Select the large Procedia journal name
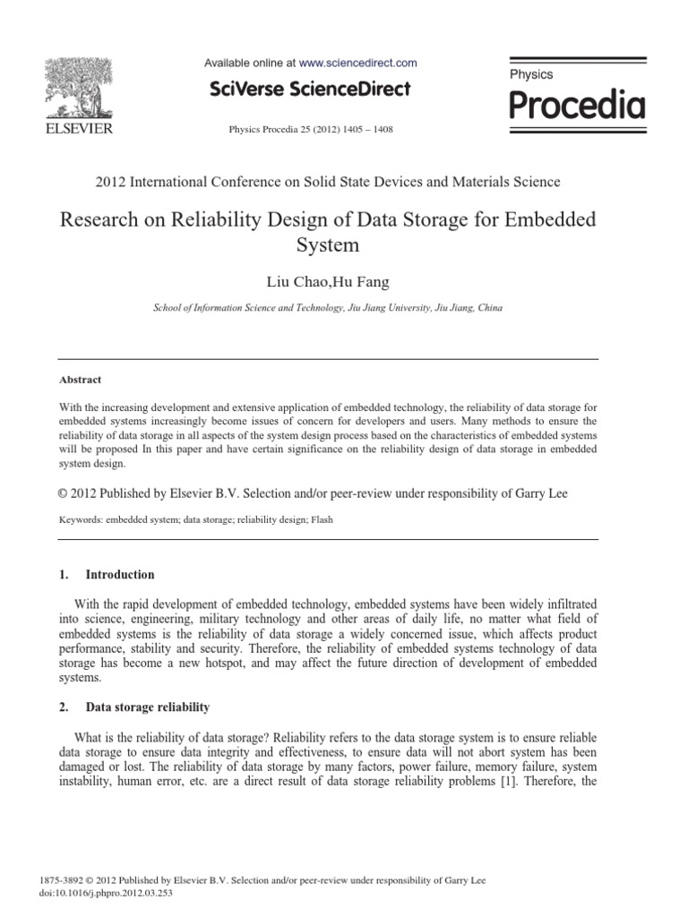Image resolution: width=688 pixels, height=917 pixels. pos(576,105)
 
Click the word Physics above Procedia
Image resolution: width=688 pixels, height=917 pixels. pos(531,75)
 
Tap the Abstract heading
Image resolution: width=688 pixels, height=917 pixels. pos(80,379)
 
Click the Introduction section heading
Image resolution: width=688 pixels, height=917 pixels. pos(120,575)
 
